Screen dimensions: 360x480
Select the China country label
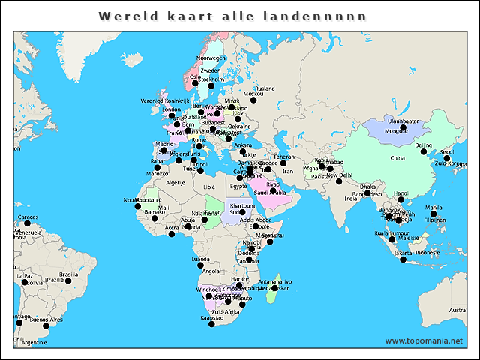pyautogui.click(x=397, y=158)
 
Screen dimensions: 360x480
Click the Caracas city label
pyautogui.click(x=27, y=217)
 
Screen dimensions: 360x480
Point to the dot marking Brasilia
pyautogui.click(x=68, y=281)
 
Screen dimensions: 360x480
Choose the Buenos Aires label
pyautogui.click(x=46, y=319)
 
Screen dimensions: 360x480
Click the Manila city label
pyautogui.click(x=433, y=208)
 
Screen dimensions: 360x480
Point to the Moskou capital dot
pyautogui.click(x=253, y=100)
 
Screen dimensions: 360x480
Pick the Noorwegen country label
pyautogui.click(x=211, y=58)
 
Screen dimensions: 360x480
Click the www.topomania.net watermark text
pyautogui.click(x=424, y=340)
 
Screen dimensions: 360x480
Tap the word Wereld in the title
pyautogui.click(x=124, y=16)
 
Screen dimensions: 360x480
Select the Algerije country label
pyautogui.click(x=175, y=182)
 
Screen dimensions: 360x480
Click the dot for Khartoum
pyautogui.click(x=242, y=212)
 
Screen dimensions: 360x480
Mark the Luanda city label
pyautogui.click(x=201, y=259)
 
